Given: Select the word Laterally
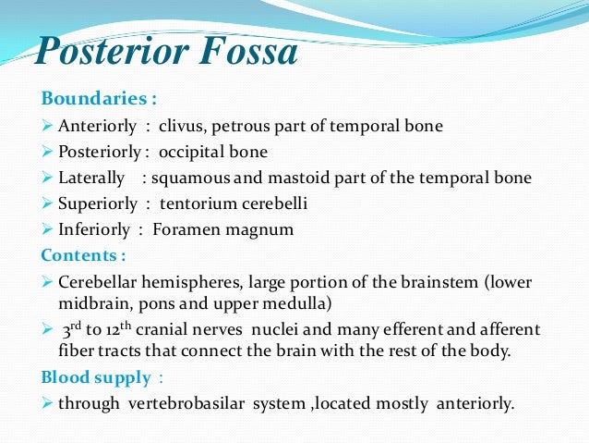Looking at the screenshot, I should (89, 178).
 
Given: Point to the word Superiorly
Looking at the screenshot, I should (94, 203).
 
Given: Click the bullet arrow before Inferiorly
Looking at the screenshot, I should (48, 228).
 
